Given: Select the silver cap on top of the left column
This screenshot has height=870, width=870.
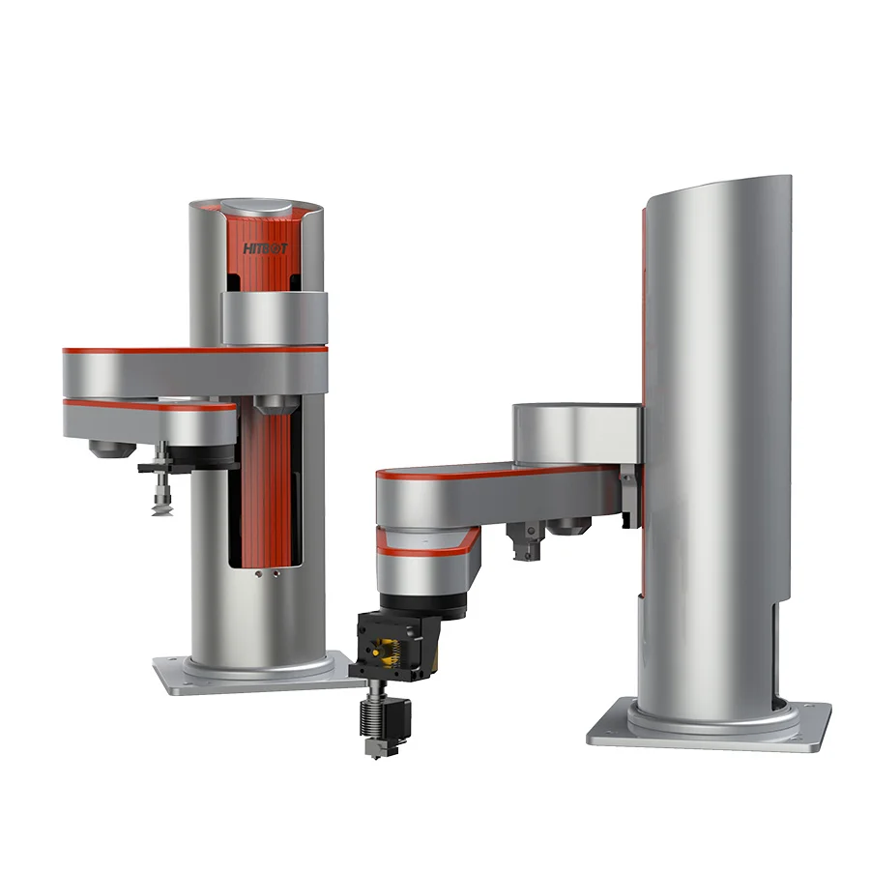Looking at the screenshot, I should point(257,211).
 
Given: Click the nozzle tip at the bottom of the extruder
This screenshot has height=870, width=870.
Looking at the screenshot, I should point(371,751).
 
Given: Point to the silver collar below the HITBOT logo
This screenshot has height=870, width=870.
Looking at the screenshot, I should point(273,318).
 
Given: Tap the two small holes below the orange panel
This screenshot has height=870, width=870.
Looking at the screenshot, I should point(267,573).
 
